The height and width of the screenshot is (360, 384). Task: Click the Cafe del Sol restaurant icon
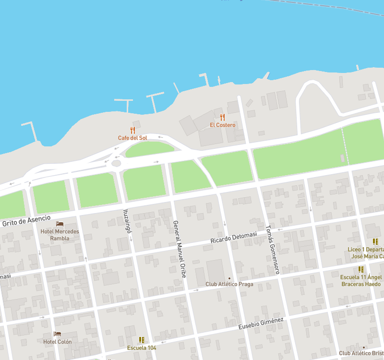(x=132, y=130)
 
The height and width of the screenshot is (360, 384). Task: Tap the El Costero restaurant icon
(x=222, y=117)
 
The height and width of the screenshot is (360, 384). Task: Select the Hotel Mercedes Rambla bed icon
(x=60, y=224)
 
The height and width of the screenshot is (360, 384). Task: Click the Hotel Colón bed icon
(x=57, y=334)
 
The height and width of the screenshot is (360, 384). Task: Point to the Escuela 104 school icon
(x=142, y=340)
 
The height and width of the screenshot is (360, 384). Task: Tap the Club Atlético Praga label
(x=229, y=284)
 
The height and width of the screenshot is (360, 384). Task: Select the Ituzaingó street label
(x=127, y=221)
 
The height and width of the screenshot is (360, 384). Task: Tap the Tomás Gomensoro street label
(x=273, y=250)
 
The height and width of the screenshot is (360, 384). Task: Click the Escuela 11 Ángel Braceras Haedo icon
(x=361, y=269)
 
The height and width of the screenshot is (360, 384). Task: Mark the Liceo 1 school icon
(x=375, y=242)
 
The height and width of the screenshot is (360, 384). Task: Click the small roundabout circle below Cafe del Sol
(x=116, y=163)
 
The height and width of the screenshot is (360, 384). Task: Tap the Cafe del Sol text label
(x=132, y=138)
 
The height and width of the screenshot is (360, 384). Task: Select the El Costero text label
(x=222, y=125)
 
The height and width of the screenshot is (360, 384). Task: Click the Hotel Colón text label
(x=57, y=342)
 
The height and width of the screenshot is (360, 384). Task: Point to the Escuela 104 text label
(x=142, y=348)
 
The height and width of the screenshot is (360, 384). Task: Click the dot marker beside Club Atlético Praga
(x=229, y=278)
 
